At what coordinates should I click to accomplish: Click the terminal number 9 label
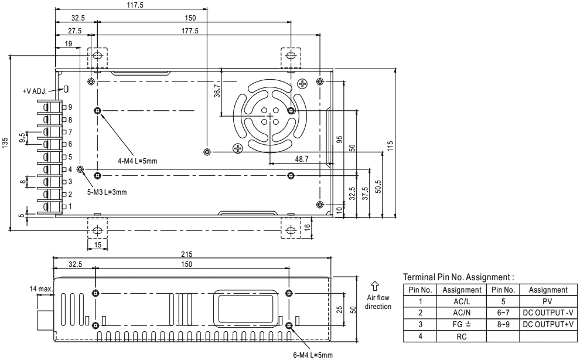click(70, 107)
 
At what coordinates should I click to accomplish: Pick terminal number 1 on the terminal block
click(70, 206)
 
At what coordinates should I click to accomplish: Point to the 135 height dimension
click(5, 143)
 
